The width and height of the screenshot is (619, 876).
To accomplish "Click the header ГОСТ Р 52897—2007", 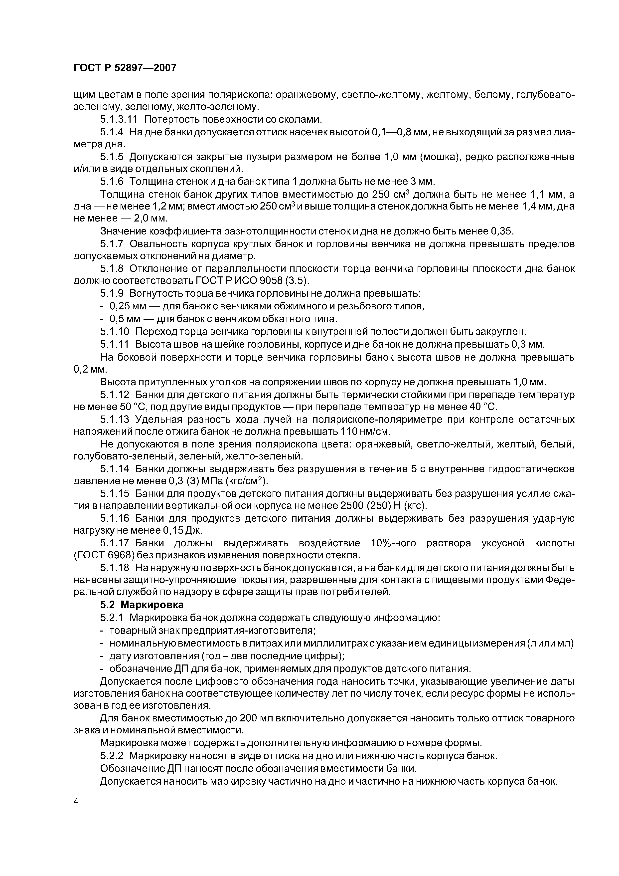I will [125, 68].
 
